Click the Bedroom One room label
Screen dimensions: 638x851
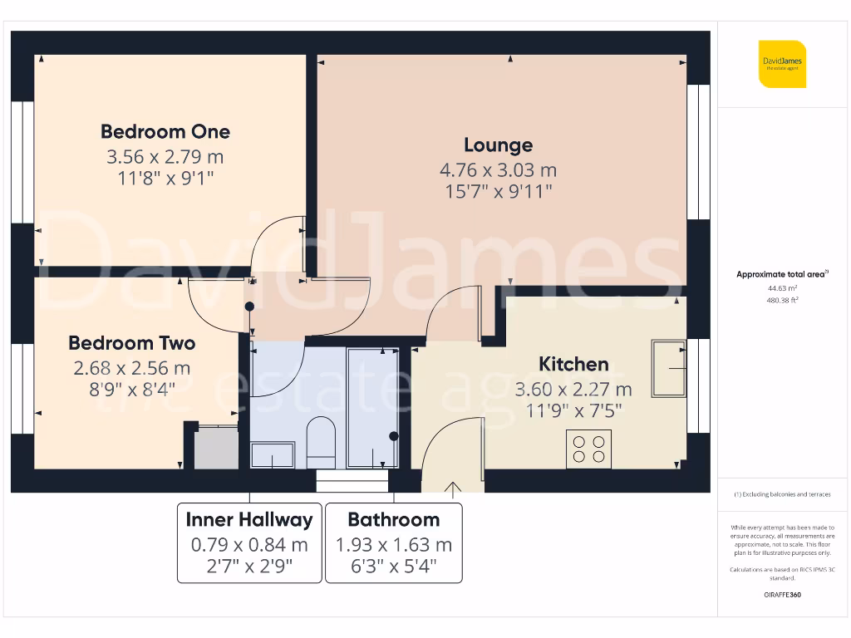pos(165,131)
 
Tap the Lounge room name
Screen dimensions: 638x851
pos(498,145)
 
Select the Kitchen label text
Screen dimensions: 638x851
pos(573,364)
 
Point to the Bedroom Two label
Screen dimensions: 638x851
pos(132,343)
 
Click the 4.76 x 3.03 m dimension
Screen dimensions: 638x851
pos(498,170)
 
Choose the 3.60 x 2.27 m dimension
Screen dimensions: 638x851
pos(573,389)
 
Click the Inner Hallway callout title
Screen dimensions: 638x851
pos(249,520)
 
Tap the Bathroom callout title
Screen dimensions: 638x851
pos(393,520)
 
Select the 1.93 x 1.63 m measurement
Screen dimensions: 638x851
pos(393,545)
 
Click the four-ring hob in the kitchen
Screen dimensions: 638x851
pos(588,449)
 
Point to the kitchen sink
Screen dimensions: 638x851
pos(669,367)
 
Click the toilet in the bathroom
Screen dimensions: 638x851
pos(320,442)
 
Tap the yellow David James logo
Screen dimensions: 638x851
pos(782,64)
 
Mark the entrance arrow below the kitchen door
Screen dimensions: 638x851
pos(454,490)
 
